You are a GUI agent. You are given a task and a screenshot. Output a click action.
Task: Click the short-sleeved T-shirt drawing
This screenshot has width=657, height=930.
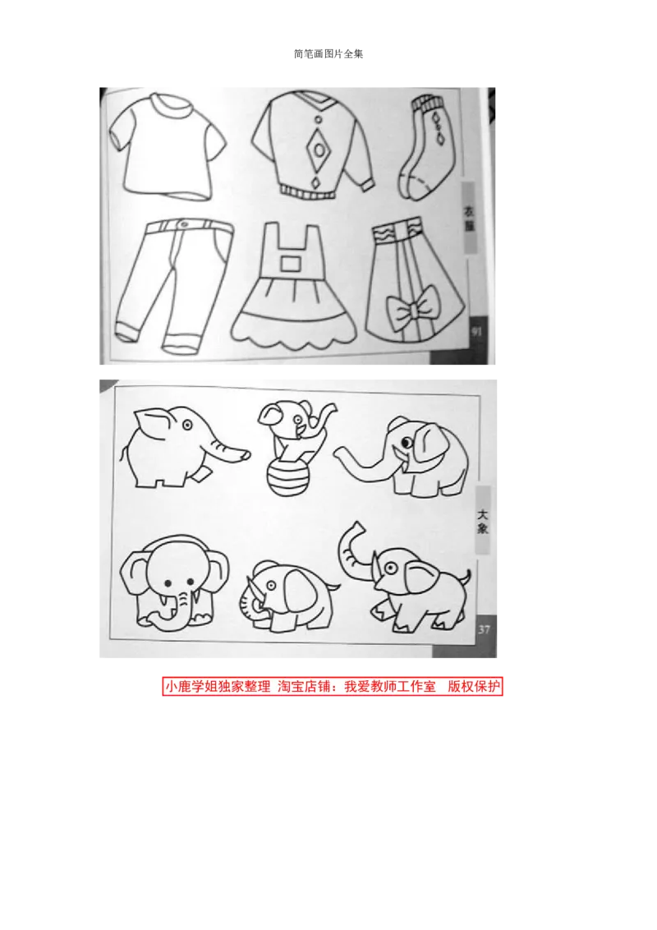[170, 148]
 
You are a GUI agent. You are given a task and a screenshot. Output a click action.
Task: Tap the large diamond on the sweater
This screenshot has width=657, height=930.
[315, 151]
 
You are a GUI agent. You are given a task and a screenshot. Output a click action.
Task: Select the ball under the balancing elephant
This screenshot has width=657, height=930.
[288, 478]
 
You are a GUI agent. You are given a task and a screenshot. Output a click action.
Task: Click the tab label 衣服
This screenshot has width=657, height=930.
[470, 218]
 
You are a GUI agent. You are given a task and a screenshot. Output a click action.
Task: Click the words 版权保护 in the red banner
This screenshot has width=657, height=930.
[474, 687]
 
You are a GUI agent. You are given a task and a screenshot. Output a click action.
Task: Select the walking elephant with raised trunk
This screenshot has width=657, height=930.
[407, 575]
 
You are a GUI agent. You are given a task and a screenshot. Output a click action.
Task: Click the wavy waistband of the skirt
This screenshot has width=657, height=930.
[396, 233]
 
